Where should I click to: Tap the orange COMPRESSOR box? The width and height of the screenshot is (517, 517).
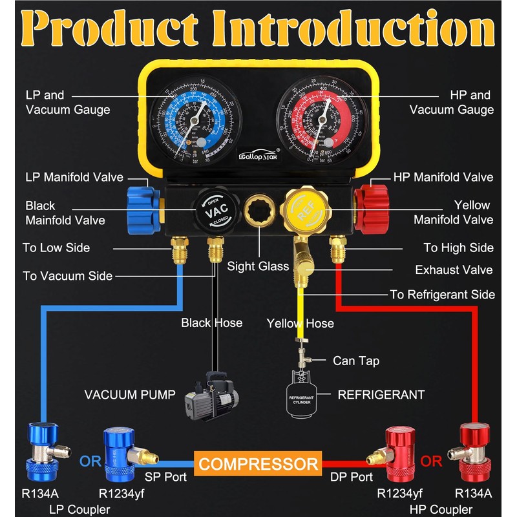258,463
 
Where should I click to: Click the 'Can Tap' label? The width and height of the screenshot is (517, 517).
356,360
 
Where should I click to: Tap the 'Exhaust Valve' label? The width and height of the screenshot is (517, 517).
454,269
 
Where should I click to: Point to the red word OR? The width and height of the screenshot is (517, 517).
432,462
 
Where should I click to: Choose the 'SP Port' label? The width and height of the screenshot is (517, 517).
166,477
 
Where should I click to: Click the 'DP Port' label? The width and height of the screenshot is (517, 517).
352,477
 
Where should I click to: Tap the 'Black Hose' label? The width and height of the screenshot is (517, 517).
211,322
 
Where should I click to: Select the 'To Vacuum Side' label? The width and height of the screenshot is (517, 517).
67,276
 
